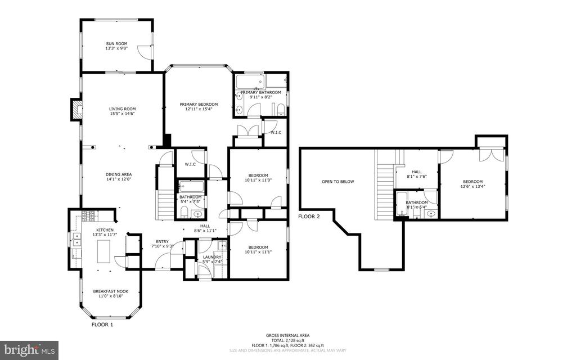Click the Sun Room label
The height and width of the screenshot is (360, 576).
(116, 43)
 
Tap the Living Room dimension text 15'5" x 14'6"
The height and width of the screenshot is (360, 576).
(122, 114)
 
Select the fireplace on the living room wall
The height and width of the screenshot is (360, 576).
(75, 109)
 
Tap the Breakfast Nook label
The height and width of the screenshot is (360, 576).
(110, 291)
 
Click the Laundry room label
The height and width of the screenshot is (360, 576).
(212, 257)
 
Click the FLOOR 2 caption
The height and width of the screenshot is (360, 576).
(309, 216)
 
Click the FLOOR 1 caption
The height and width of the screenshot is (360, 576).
(102, 325)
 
